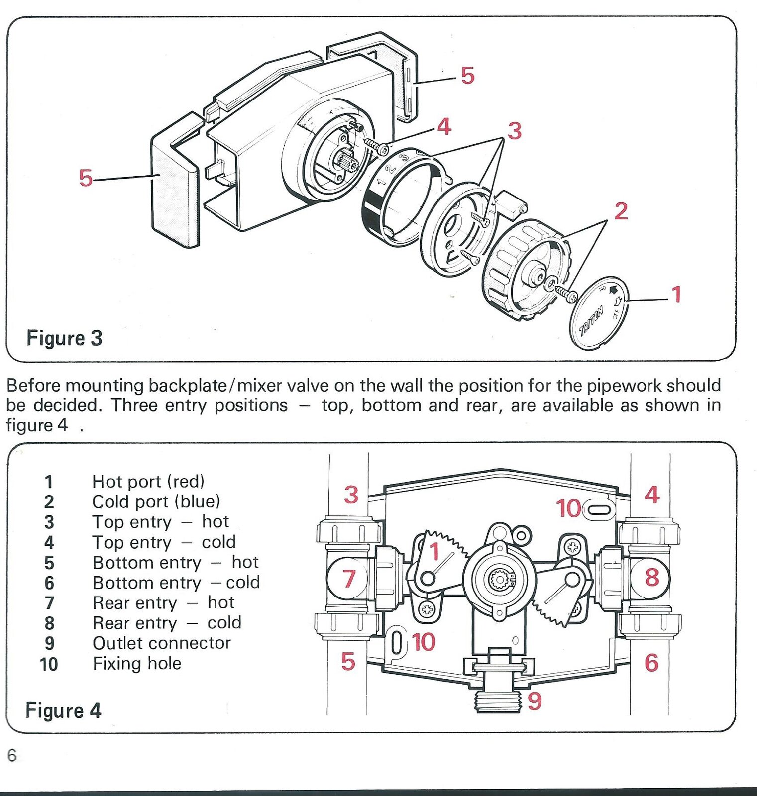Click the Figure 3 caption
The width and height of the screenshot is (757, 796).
point(64,339)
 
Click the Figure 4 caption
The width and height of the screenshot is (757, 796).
point(63,711)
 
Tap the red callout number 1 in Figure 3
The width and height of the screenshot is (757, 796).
point(676,295)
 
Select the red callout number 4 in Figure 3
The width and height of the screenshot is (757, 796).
point(444,127)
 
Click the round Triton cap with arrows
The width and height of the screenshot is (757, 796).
point(599,313)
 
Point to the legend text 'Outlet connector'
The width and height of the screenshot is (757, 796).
point(162,643)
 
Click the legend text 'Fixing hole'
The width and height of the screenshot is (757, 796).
point(137,664)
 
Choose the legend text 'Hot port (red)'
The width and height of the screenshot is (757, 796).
point(148,482)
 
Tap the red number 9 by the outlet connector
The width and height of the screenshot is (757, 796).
point(534,701)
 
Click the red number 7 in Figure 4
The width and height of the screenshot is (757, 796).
point(349,579)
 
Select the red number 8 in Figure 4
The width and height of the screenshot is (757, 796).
point(651,578)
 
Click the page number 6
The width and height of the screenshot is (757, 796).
point(12,755)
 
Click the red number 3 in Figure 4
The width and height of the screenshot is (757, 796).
point(351,495)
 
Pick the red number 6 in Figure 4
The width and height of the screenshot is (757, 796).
point(651,663)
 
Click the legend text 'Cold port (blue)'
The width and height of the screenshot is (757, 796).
point(156,502)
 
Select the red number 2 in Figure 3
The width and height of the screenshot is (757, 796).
point(621,211)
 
